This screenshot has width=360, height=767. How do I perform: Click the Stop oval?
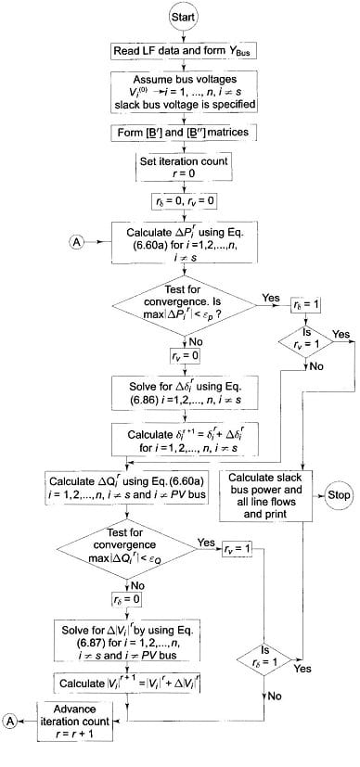336,495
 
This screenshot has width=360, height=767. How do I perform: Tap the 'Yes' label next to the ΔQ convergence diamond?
207,542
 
